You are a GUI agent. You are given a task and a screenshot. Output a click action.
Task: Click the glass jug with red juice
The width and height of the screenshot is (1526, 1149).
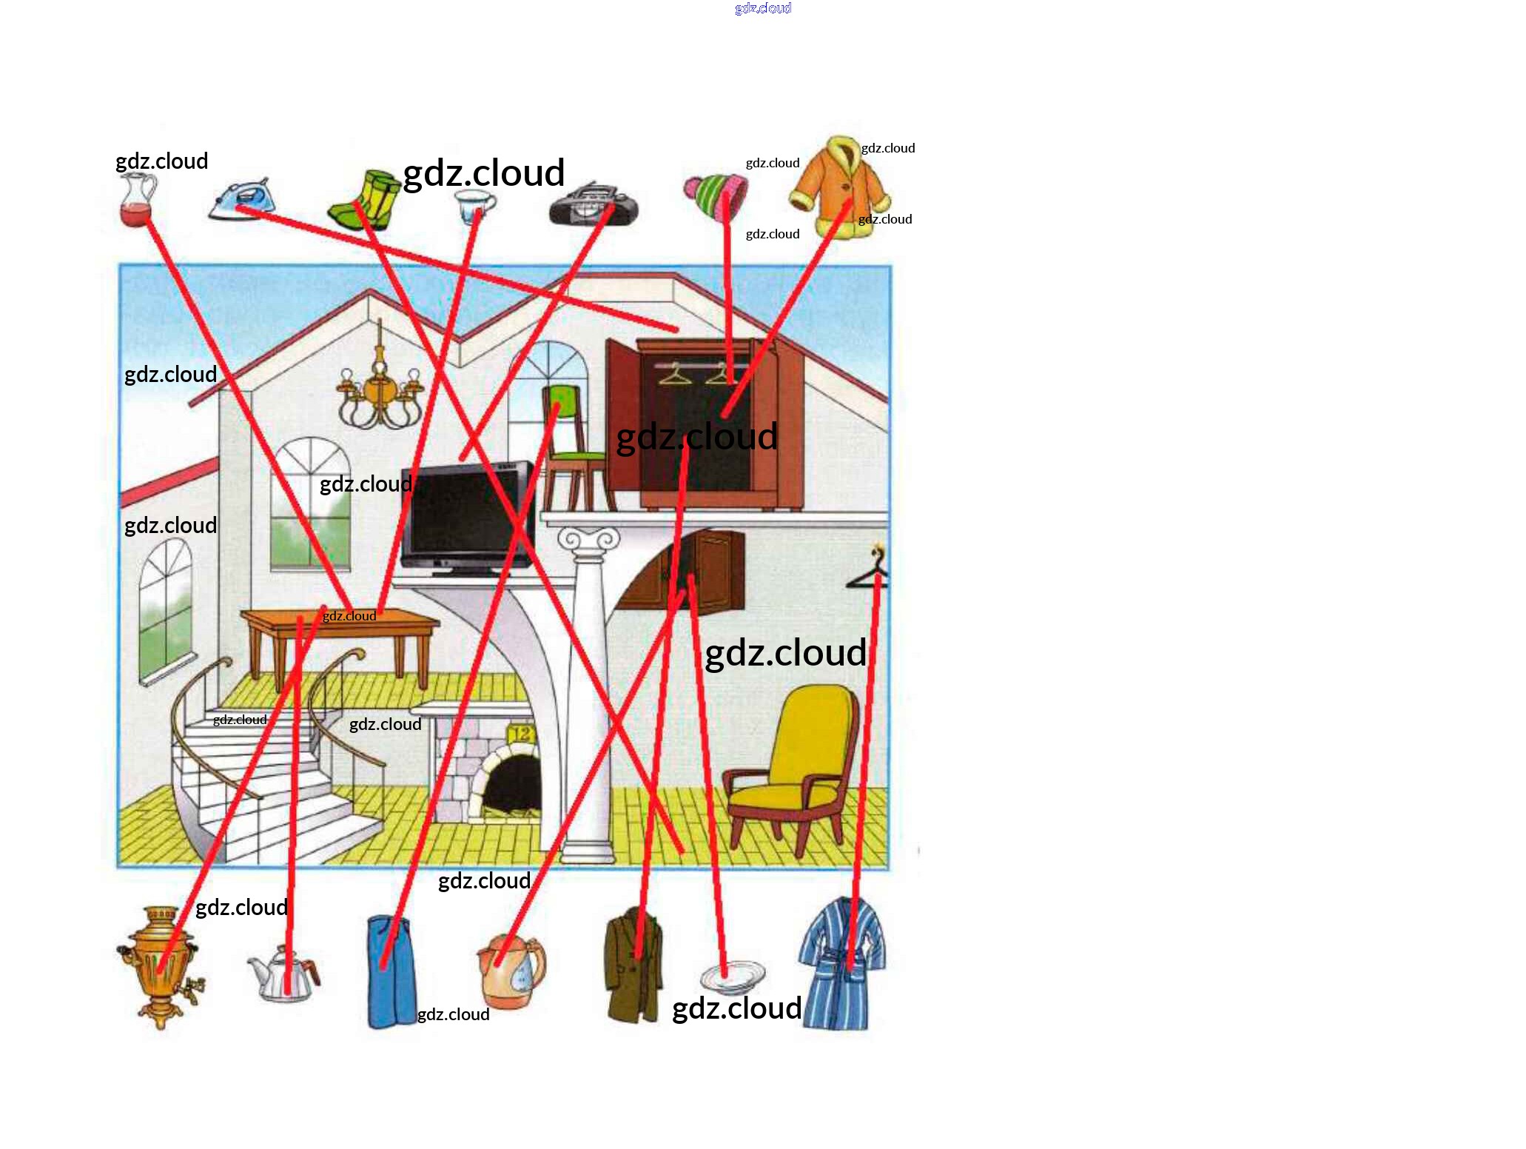[138, 201]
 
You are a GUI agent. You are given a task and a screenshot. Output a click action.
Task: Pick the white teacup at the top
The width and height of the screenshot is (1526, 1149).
[473, 205]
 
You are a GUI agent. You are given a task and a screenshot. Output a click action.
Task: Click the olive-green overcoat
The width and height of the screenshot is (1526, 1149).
[633, 966]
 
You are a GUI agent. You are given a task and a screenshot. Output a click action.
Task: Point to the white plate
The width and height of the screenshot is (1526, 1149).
[733, 977]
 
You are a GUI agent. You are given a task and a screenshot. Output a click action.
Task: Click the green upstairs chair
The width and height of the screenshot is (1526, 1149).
[570, 444]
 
